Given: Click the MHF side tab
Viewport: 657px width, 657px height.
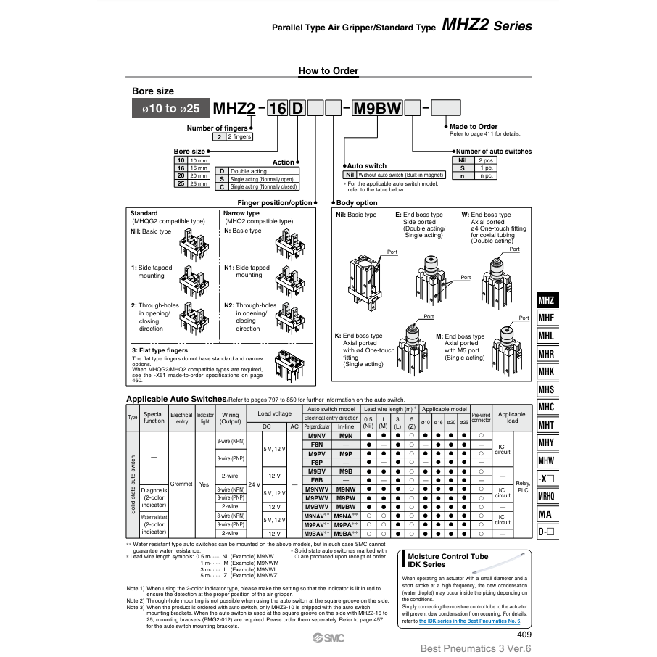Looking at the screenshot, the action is point(546,318).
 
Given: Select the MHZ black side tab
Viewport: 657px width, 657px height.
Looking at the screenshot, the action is point(546,300).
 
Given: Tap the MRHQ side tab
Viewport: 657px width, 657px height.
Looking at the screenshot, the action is point(546,496).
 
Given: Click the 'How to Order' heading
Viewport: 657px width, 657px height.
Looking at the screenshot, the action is point(328,71).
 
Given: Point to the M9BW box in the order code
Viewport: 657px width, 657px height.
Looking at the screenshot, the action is point(376,109).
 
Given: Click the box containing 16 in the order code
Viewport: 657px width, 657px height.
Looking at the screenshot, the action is point(276,109).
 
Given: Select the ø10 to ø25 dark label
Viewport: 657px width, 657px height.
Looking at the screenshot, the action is point(170,109).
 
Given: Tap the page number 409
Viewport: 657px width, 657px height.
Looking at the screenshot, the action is point(524,635).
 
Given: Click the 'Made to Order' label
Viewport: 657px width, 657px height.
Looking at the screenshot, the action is point(474,127).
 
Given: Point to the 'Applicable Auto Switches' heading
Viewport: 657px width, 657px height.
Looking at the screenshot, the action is point(176,399).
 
